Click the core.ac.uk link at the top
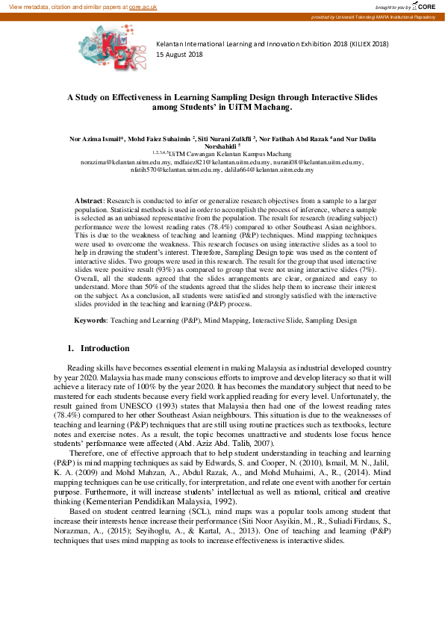pyautogui.click(x=143, y=6)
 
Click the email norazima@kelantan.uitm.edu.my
pyautogui.click(x=127, y=161)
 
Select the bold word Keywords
pyautogui.click(x=90, y=320)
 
